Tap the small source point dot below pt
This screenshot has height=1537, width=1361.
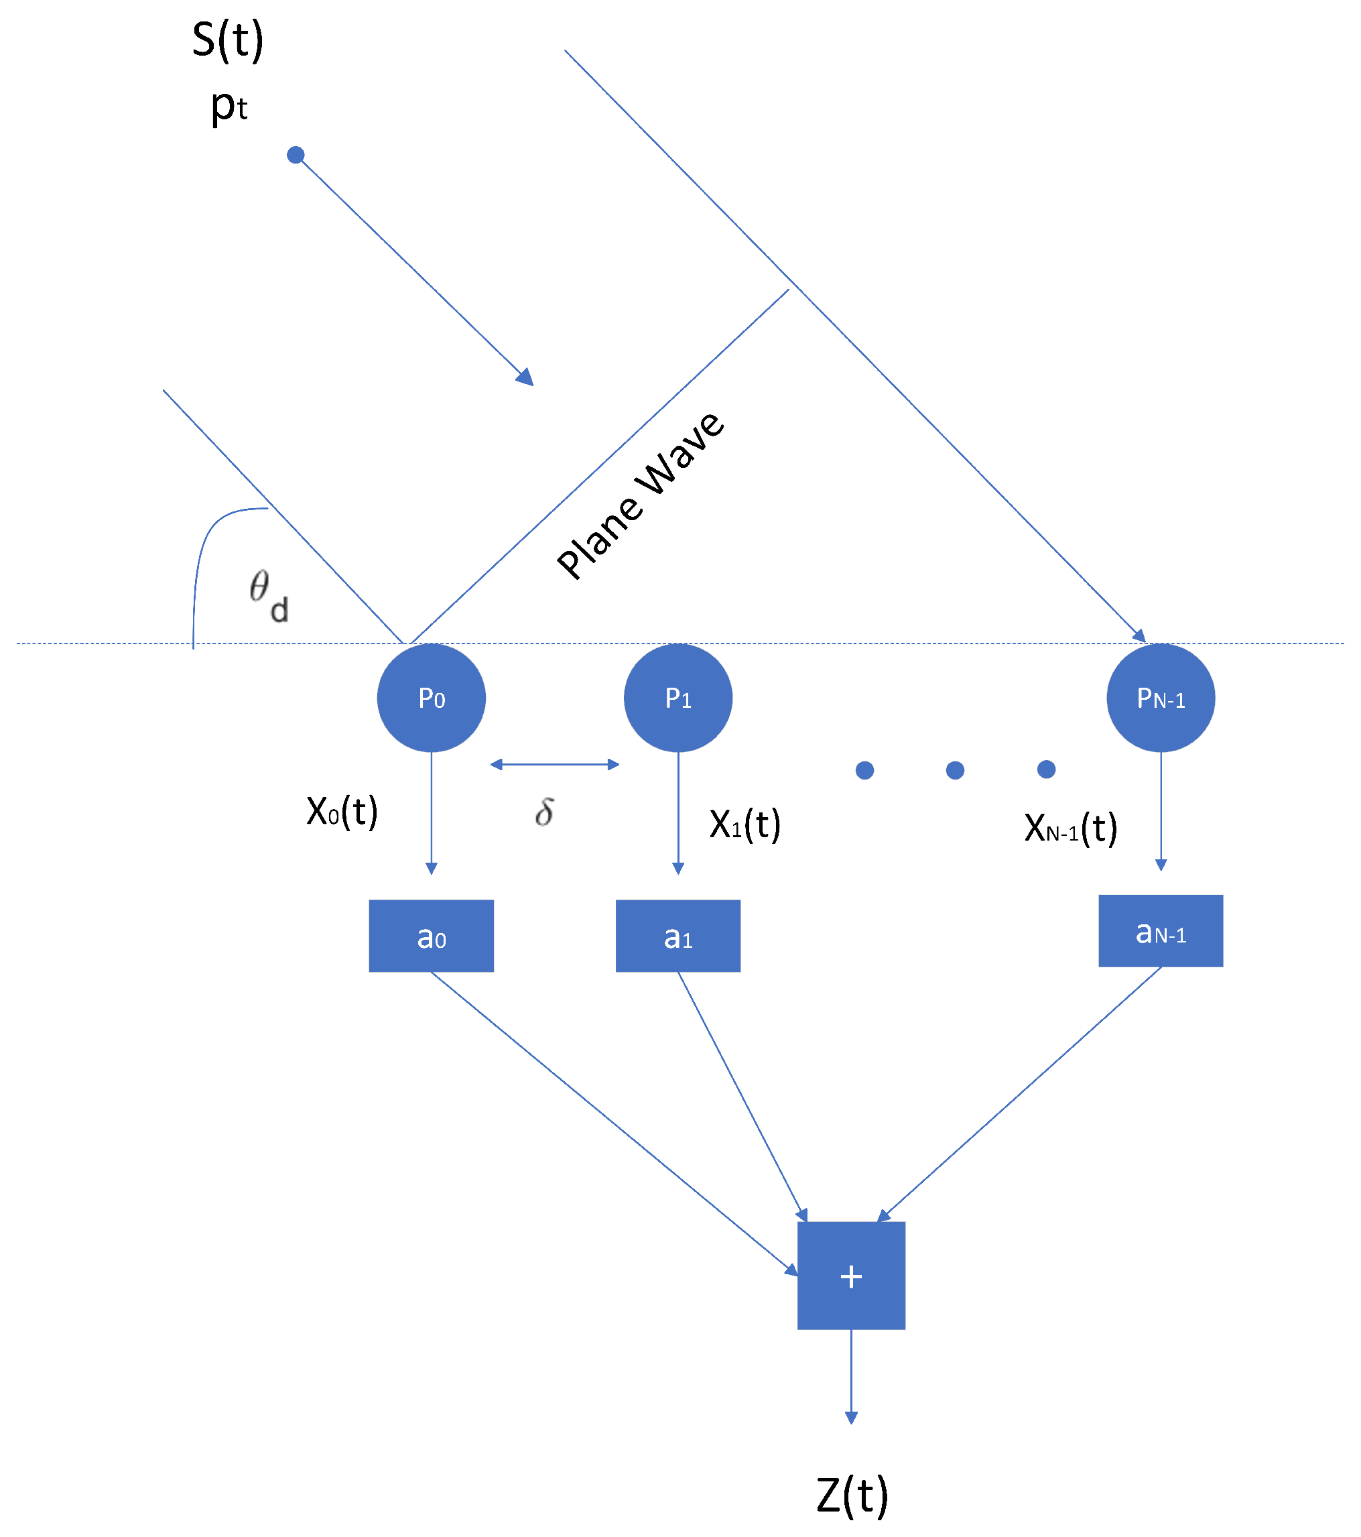[x=296, y=155]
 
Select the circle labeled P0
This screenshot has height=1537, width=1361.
[x=432, y=698]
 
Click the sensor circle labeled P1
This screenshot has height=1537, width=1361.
[x=678, y=698]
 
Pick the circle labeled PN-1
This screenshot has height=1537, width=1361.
[x=1161, y=698]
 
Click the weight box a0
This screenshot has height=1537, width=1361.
[x=432, y=936]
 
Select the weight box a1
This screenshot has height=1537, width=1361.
[x=678, y=936]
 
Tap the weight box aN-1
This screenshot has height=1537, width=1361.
[x=1161, y=931]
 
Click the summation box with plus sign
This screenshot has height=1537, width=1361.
[x=851, y=1276]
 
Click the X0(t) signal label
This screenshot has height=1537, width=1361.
[x=342, y=811]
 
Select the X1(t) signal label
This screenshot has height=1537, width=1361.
[x=745, y=824]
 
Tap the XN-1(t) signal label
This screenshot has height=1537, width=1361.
[x=1071, y=828]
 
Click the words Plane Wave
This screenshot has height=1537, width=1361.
[x=641, y=496]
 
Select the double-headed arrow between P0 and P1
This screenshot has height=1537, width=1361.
[x=555, y=764]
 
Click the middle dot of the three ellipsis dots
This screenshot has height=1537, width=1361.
[x=955, y=770]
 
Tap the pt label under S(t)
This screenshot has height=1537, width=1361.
[x=229, y=106]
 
